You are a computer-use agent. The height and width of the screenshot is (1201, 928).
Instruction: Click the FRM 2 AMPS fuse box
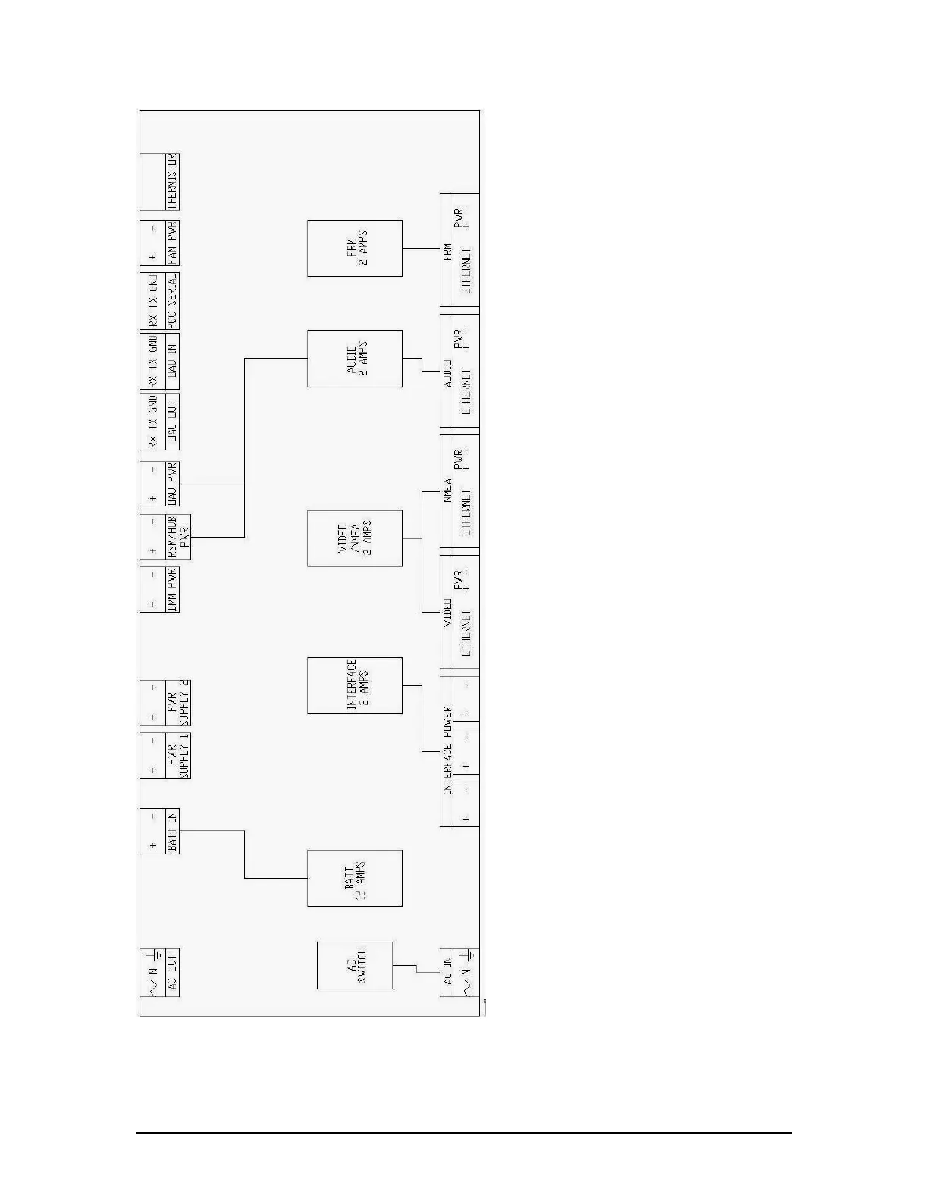click(354, 248)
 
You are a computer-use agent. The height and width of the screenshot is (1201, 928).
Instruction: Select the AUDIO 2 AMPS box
click(354, 359)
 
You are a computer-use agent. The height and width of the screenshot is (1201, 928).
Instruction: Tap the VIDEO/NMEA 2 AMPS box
click(354, 538)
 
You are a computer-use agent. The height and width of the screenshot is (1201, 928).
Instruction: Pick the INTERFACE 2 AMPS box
click(354, 685)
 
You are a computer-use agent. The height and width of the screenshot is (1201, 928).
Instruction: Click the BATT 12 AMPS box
click(354, 878)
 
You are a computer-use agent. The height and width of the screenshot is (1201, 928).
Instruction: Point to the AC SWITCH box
click(354, 965)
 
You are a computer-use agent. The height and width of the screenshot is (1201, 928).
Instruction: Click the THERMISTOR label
click(172, 182)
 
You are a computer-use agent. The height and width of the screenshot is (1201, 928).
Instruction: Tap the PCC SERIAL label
click(172, 302)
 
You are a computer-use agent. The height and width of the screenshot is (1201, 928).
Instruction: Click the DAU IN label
click(172, 362)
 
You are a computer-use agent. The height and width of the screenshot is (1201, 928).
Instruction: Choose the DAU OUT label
click(172, 422)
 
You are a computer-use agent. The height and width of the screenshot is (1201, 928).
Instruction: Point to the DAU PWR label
click(172, 483)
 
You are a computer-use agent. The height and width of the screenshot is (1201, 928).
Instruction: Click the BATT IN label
click(172, 832)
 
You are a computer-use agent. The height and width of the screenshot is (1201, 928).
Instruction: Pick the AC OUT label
click(172, 973)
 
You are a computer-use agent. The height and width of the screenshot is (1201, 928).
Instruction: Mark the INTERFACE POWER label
click(447, 751)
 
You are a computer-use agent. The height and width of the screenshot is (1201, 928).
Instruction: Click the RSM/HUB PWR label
click(178, 538)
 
